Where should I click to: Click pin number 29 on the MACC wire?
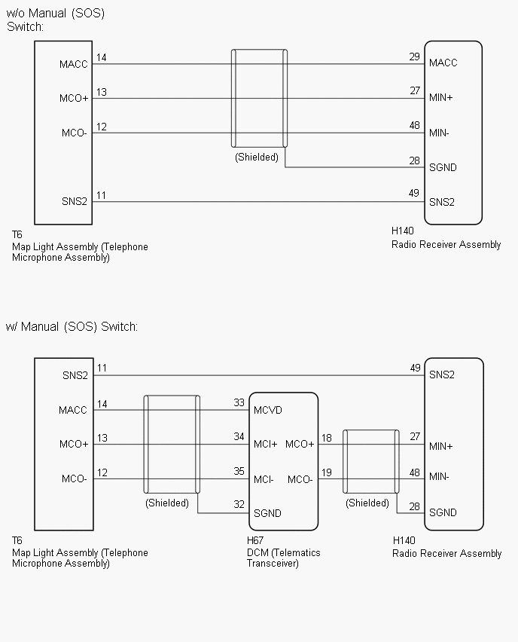pyautogui.click(x=414, y=57)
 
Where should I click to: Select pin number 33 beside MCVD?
pyautogui.click(x=239, y=403)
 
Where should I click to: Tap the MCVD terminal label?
pyautogui.click(x=268, y=410)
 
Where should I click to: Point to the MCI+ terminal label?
pyautogui.click(x=265, y=445)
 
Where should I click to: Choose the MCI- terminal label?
pyautogui.click(x=264, y=479)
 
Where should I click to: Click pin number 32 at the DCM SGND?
pyautogui.click(x=239, y=506)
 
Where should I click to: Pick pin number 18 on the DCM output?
pyautogui.click(x=326, y=438)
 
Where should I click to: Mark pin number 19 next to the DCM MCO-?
pyautogui.click(x=326, y=472)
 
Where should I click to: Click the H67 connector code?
pyautogui.click(x=255, y=541)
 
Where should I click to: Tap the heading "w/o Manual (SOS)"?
pyautogui.click(x=55, y=13)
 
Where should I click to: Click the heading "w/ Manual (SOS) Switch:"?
pyautogui.click(x=72, y=326)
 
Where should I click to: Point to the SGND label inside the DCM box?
pyautogui.click(x=268, y=513)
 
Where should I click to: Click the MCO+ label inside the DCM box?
pyautogui.click(x=300, y=445)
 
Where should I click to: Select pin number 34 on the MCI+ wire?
pyautogui.click(x=239, y=438)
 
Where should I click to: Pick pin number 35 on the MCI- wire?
pyautogui.click(x=239, y=472)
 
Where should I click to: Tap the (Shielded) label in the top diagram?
pyautogui.click(x=256, y=157)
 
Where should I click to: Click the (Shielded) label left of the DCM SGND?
pyautogui.click(x=167, y=503)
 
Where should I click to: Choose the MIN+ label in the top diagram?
pyautogui.click(x=441, y=98)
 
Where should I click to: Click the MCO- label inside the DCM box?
pyautogui.click(x=300, y=479)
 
